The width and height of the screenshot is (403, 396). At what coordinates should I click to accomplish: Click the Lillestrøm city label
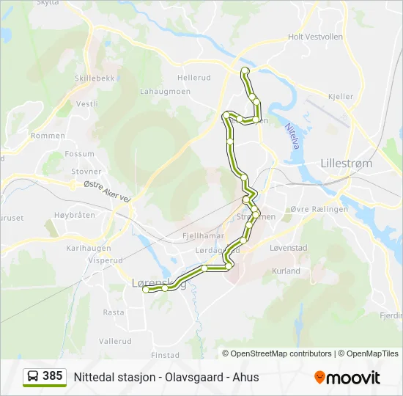pos(347,164)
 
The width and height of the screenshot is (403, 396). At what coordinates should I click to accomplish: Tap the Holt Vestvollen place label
pos(316,36)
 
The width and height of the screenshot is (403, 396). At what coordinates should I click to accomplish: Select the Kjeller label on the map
pos(341,97)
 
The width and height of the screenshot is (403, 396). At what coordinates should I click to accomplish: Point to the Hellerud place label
pos(193,77)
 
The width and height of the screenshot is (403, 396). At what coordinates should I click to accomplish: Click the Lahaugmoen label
pos(166,92)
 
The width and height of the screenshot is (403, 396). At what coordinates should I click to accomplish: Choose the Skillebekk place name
pos(92,78)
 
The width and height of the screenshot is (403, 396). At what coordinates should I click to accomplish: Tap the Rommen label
pos(48,136)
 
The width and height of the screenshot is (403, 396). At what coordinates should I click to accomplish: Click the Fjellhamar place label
pos(202,237)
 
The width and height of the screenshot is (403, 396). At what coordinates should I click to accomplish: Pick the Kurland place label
pos(286,271)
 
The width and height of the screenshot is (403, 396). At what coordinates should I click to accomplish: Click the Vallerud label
pos(115,341)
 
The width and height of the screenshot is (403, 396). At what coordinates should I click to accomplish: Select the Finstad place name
pos(165,355)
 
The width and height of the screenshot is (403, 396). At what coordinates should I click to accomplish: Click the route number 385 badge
pos(52,376)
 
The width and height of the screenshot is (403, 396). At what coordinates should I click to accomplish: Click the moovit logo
pos(347,378)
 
